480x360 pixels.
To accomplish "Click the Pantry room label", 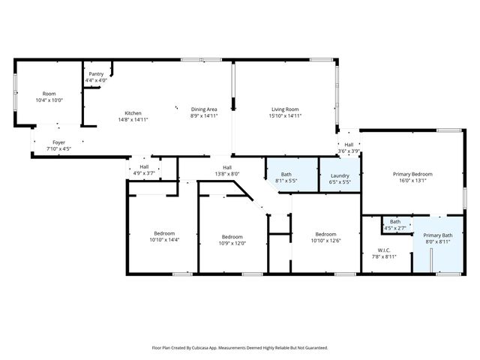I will [96, 73].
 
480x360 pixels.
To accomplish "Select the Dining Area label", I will [204, 109].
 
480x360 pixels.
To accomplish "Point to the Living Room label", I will [286, 109].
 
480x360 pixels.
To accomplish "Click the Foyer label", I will [58, 142].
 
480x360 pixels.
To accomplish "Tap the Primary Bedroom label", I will [413, 174].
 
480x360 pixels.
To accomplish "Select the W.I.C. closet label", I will [384, 250].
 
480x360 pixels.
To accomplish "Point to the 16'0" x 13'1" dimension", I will [413, 181].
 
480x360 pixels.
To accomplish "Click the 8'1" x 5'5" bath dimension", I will [286, 181].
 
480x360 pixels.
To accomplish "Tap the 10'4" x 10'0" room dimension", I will [49, 100].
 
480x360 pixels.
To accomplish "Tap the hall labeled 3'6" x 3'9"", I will [349, 147].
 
